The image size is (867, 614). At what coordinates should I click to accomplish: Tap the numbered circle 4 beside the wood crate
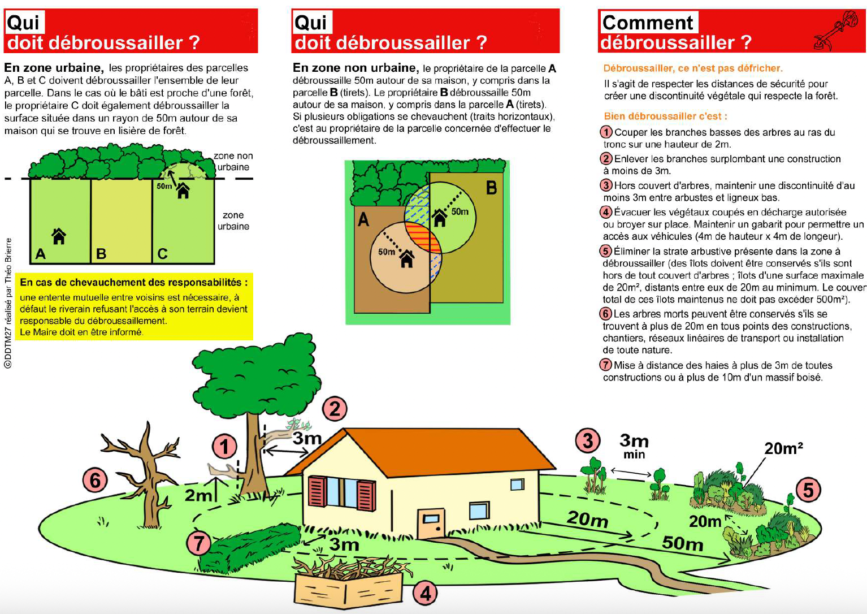426,593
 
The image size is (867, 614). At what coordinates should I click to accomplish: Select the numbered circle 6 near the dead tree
95,481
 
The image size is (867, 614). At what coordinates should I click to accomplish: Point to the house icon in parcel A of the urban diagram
59,236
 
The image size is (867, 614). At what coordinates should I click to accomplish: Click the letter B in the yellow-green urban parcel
101,254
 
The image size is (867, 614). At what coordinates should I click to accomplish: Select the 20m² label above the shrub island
783,448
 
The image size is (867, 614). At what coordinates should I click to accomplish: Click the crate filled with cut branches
348,581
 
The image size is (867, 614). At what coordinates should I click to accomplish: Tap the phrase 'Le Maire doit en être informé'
81,332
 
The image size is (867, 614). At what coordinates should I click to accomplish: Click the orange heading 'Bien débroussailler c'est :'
665,116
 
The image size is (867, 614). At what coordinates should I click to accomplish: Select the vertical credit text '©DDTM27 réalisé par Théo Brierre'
8,303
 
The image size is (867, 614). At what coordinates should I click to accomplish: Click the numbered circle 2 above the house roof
335,409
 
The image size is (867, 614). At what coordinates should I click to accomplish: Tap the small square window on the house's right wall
517,485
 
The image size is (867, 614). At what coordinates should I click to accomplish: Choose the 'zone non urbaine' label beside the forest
233,162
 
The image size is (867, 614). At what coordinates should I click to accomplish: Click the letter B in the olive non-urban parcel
491,188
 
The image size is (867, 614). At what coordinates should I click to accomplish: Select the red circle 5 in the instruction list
606,251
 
